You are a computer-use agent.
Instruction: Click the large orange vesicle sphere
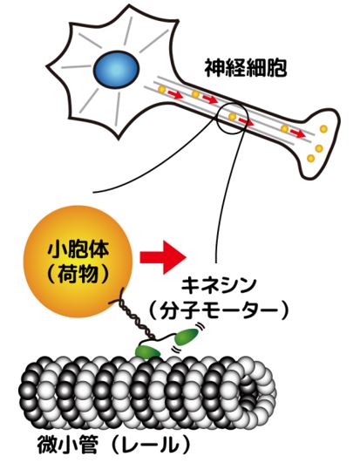[x=78, y=262]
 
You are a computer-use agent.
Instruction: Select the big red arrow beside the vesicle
[x=163, y=257]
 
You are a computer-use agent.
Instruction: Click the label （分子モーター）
[x=219, y=310]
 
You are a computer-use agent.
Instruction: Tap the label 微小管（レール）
[x=113, y=445]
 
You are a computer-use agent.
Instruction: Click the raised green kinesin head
[x=186, y=337]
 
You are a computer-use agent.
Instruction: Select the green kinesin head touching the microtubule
[x=147, y=351]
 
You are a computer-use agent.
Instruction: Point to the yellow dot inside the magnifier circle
[x=232, y=117]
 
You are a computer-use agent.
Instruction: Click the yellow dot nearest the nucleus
[x=161, y=89]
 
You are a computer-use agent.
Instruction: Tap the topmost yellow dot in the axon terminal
[x=323, y=129]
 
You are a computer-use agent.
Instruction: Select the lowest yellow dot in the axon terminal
[x=310, y=158]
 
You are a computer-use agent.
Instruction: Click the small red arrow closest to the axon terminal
[x=297, y=133]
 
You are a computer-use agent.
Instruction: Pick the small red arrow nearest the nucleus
[x=175, y=95]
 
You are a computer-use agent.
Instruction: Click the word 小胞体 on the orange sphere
[x=78, y=249]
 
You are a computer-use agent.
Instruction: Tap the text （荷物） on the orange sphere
[x=78, y=274]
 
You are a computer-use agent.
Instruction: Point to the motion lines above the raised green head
[x=201, y=327]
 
